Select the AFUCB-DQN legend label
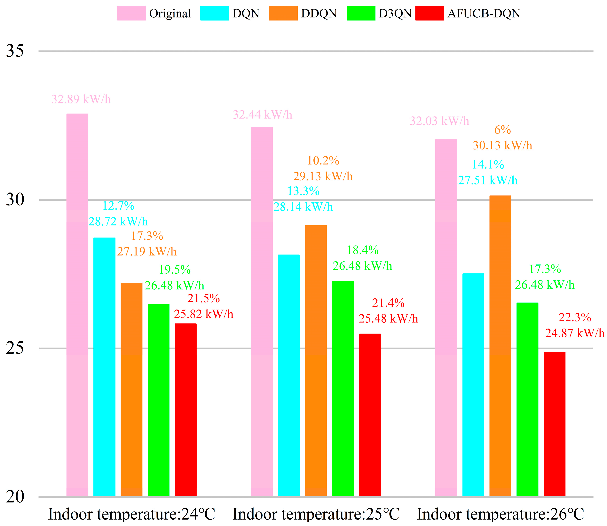coord(484,13)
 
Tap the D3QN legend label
coord(395,13)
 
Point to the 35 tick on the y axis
coord(15,51)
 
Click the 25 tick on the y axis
coord(15,348)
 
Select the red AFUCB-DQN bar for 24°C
coord(185,411)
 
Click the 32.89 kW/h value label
coord(81,99)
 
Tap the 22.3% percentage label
coord(574,317)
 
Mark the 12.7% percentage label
coord(118,206)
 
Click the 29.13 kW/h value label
coord(323,176)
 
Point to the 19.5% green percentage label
coord(175,270)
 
